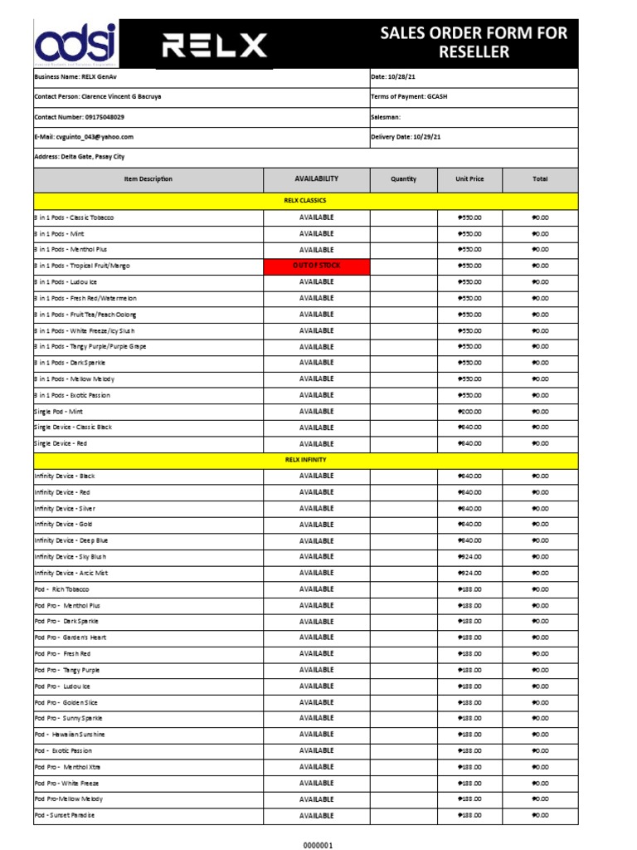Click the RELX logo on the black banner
coord(213,45)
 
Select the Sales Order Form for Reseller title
coord(474,43)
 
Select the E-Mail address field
coord(84,137)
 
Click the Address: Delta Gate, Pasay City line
coord(80,157)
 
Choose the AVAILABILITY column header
coord(316,179)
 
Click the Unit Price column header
coord(469,179)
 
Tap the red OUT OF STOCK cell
coord(316,266)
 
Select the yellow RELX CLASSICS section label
coord(305,201)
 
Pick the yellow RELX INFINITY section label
coord(305,460)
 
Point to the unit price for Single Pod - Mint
coord(469,412)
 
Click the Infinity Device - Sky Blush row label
coord(71,557)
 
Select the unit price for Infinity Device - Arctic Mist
coord(469,574)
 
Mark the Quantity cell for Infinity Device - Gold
coord(404,525)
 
